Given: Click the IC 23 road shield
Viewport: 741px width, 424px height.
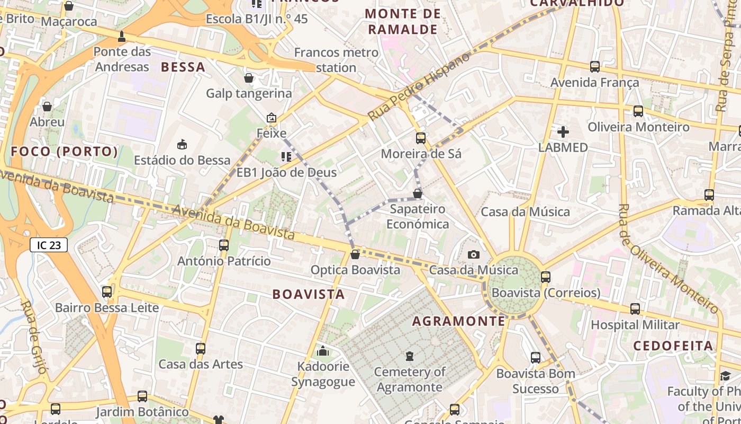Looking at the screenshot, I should [49, 245].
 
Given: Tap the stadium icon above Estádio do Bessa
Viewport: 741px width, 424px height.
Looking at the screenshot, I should [182, 144].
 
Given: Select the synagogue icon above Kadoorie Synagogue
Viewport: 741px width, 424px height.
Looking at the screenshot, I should [323, 350].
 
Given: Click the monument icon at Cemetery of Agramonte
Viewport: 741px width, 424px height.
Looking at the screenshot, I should [410, 356].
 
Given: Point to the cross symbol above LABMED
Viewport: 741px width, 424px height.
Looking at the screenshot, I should [563, 131].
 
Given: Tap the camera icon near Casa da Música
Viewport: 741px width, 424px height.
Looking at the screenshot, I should [474, 255].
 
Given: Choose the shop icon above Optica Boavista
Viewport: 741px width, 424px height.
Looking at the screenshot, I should [355, 254].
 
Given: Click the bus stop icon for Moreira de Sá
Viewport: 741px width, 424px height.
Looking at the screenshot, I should [421, 138].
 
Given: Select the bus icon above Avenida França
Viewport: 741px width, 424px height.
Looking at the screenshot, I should [595, 67].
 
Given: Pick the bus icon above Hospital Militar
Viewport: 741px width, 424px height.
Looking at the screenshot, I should [635, 309].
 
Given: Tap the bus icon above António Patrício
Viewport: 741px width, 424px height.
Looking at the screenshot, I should [224, 245].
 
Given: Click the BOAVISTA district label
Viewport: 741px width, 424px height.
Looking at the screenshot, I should [309, 294].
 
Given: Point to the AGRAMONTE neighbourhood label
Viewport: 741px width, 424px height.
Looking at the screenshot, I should [458, 321].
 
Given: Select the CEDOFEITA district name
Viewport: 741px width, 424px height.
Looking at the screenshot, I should [673, 346].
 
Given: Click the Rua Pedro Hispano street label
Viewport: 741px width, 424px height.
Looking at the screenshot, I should [419, 86].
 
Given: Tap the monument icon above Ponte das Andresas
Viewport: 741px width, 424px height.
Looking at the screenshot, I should [122, 37].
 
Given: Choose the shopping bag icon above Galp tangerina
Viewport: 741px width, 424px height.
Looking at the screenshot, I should [249, 78].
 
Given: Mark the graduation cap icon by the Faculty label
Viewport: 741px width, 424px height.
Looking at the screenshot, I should [725, 376].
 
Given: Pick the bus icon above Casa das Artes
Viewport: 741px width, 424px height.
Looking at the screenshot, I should [201, 349].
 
